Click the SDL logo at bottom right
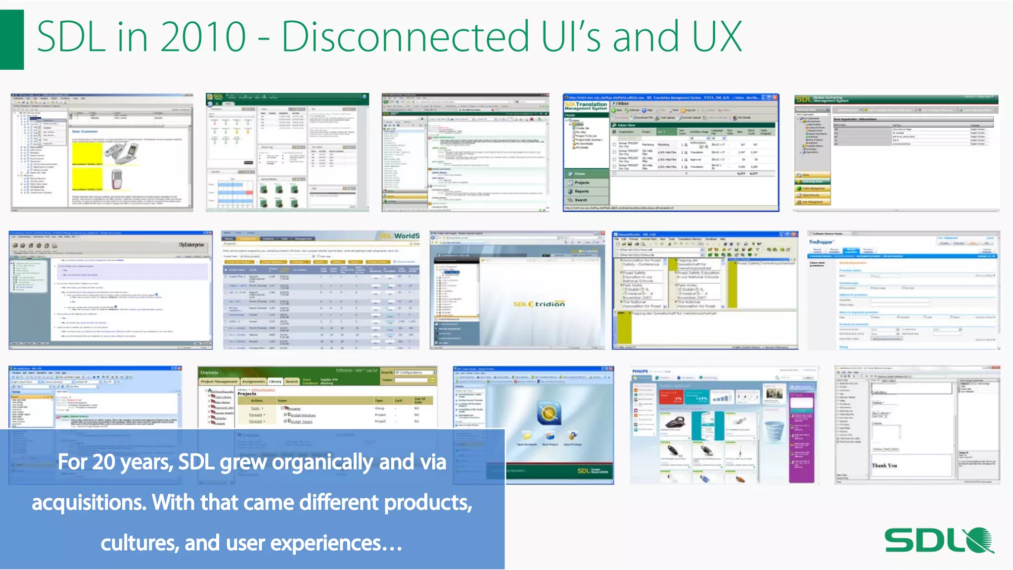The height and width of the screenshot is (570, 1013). click(938, 540)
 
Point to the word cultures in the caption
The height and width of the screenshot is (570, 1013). click(139, 543)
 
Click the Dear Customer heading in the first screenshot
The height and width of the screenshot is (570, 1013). click(85, 132)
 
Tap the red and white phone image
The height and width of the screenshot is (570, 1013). click(116, 179)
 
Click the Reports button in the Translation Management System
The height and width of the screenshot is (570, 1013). click(582, 191)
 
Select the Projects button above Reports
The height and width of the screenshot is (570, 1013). click(582, 183)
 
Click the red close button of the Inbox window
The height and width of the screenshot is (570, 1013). click(775, 97)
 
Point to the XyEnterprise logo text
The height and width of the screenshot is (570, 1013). click(191, 245)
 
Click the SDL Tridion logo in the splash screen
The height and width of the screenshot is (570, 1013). click(539, 304)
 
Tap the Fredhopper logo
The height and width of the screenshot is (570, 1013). click(821, 242)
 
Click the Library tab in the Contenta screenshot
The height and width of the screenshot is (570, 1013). click(275, 381)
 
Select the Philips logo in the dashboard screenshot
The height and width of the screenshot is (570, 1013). click(640, 371)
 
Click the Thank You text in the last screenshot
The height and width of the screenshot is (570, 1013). click(884, 465)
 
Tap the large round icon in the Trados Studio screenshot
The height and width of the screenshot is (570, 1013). click(549, 413)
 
